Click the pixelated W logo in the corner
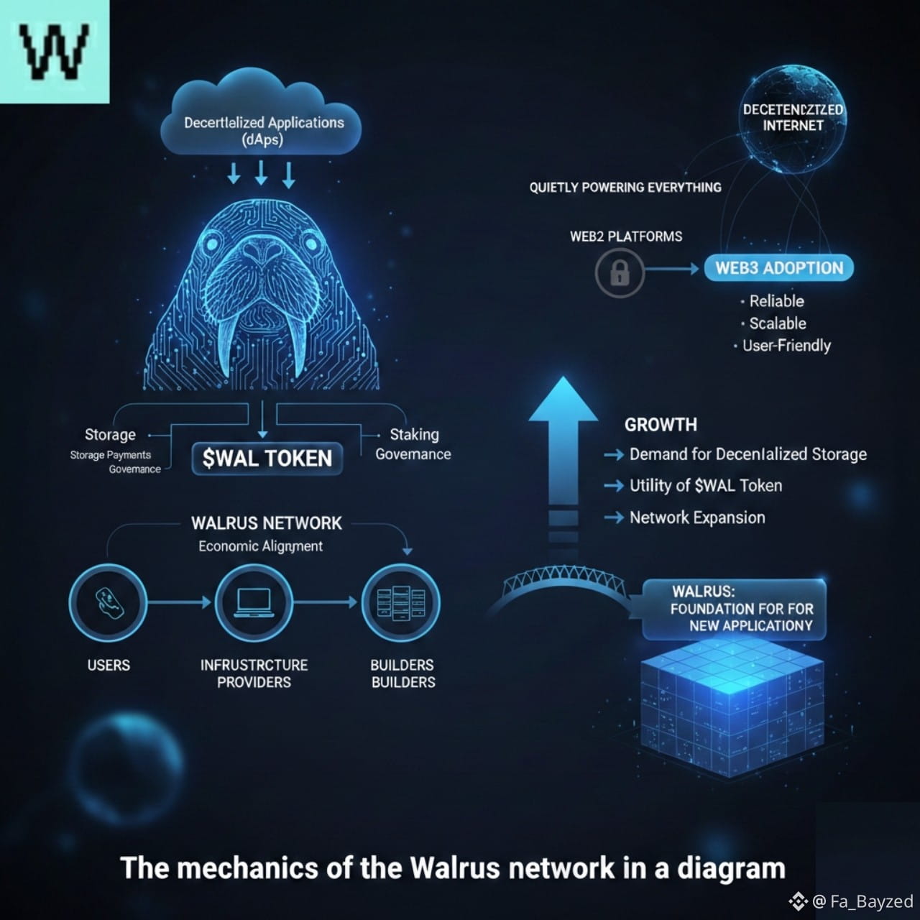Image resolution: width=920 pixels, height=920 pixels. [x=55, y=52]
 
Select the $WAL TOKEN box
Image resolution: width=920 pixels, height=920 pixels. [x=267, y=459]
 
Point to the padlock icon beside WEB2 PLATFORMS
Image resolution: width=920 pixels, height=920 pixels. [x=620, y=272]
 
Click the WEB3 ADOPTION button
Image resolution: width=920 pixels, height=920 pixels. [x=779, y=268]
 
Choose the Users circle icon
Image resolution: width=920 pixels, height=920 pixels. [x=108, y=602]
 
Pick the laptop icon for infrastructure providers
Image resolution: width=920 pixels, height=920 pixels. [x=254, y=602]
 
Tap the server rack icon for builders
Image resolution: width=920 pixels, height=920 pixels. [x=401, y=602]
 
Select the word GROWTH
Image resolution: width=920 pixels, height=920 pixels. [x=661, y=425]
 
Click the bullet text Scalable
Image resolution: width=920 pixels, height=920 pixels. [x=777, y=323]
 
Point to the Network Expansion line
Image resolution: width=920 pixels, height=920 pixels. [x=696, y=517]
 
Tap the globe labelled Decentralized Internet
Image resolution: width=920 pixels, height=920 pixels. [x=793, y=119]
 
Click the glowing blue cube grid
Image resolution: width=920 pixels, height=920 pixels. [x=732, y=708]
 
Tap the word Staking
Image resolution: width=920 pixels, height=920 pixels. [x=414, y=434]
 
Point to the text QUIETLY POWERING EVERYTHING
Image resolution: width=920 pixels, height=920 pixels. [x=625, y=188]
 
